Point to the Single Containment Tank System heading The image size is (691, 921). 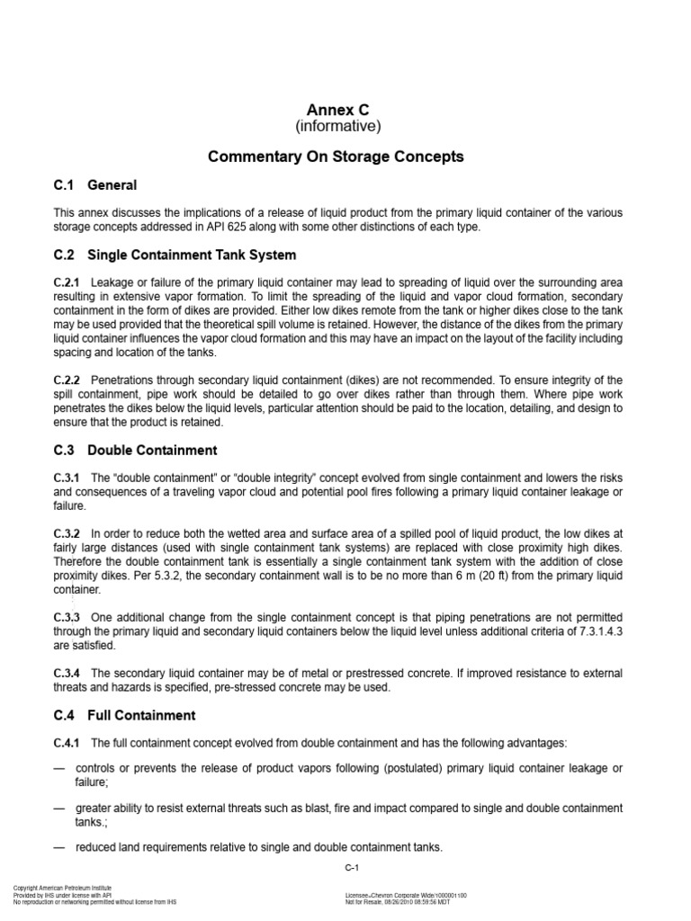click(x=192, y=255)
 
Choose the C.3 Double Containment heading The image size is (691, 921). click(x=135, y=450)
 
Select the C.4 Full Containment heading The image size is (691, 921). click(x=124, y=716)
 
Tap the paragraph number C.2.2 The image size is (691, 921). click(x=67, y=380)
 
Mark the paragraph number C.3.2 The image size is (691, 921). click(x=67, y=533)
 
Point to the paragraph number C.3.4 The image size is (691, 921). click(x=67, y=674)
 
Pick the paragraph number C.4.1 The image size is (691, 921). click(x=67, y=743)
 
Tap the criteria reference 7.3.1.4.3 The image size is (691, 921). click(x=595, y=631)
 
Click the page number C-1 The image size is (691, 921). click(x=352, y=869)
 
